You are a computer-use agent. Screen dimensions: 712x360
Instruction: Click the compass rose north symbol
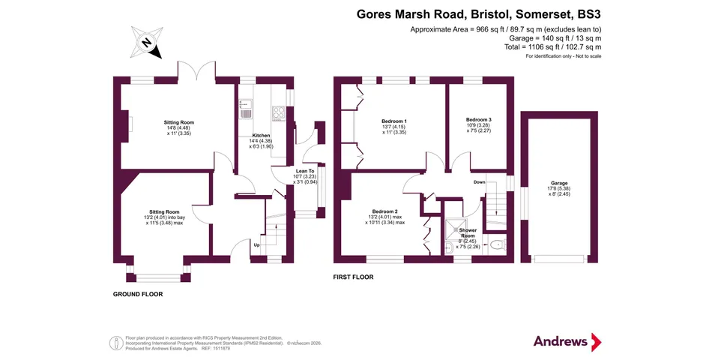[147, 43]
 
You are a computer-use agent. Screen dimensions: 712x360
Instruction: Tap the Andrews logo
[567, 341]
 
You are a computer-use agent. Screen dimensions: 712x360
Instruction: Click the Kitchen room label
[261, 136]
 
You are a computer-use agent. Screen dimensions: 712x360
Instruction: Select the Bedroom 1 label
[393, 121]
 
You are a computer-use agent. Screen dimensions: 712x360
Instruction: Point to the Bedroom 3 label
[479, 119]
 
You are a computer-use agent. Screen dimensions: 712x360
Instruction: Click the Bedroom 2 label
[384, 211]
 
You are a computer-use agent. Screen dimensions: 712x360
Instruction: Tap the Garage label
[559, 183]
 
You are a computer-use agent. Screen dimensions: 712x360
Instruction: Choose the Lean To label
[305, 171]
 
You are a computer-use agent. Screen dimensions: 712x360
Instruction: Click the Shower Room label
[468, 233]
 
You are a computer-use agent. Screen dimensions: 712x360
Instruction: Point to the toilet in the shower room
[498, 245]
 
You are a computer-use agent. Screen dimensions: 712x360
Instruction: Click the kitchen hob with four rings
[278, 112]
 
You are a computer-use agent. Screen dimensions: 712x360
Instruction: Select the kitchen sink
[246, 109]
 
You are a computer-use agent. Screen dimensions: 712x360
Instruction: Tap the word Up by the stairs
[256, 245]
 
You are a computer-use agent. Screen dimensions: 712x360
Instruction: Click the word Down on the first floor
[479, 181]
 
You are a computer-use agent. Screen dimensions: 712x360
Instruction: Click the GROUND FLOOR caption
[138, 294]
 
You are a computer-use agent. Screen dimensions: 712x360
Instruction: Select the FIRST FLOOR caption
[353, 277]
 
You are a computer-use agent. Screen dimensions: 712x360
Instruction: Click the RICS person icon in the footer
[116, 343]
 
